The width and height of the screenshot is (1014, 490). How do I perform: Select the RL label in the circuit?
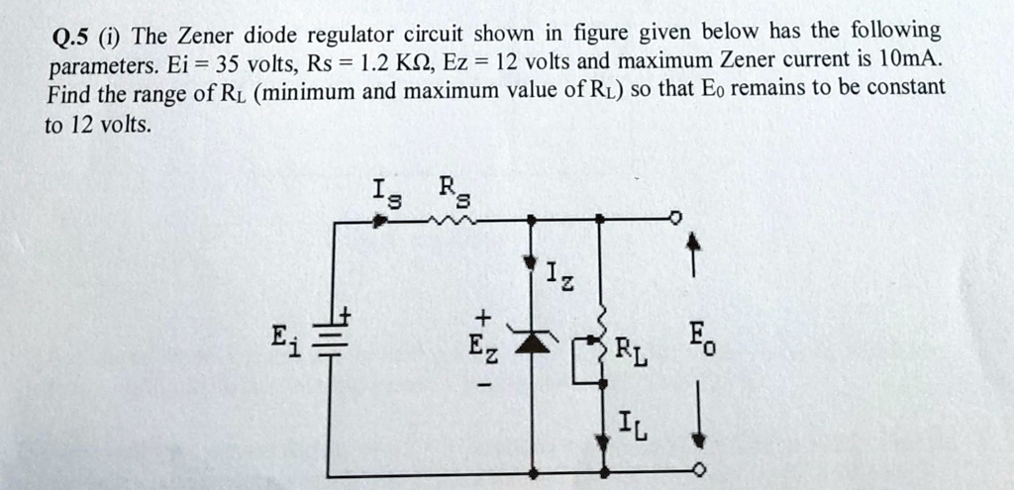[632, 351]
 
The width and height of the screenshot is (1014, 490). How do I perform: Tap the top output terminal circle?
[675, 217]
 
